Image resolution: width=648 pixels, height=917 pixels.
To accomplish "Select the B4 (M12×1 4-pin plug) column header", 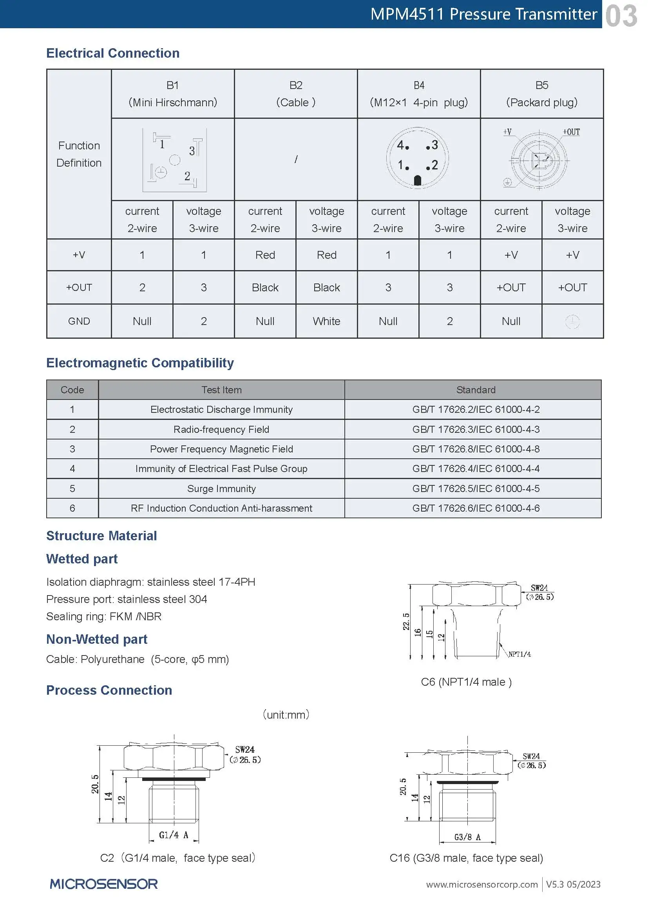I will pyautogui.click(x=418, y=94).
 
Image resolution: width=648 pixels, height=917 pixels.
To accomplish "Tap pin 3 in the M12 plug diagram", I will pyautogui.click(x=433, y=145).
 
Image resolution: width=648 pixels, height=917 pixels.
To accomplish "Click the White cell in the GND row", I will pyautogui.click(x=326, y=321).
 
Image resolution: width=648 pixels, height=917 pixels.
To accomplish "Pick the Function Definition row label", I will pyautogui.click(x=79, y=154).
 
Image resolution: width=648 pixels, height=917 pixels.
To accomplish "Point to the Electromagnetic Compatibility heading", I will pyautogui.click(x=140, y=363).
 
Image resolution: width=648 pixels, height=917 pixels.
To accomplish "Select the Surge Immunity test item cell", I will pyautogui.click(x=221, y=488).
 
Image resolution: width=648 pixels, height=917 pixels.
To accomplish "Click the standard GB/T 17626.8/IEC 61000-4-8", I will pyautogui.click(x=476, y=449).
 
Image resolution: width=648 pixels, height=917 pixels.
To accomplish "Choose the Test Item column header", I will pyautogui.click(x=221, y=390).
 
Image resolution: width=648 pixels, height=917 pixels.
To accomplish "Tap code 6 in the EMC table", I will pyautogui.click(x=72, y=508).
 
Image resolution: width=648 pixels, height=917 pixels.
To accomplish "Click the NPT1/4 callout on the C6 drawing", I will pyautogui.click(x=519, y=654).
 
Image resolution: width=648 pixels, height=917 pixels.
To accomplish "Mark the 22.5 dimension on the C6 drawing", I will pyautogui.click(x=406, y=621).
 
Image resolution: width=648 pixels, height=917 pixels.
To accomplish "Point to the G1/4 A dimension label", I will pyautogui.click(x=174, y=835).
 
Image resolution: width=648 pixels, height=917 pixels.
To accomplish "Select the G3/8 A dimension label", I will pyautogui.click(x=467, y=837).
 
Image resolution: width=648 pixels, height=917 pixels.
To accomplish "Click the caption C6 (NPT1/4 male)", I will pyautogui.click(x=466, y=682).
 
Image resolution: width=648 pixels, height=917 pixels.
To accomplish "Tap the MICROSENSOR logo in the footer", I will pyautogui.click(x=104, y=884).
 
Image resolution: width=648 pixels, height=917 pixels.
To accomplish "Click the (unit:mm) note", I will pyautogui.click(x=286, y=715).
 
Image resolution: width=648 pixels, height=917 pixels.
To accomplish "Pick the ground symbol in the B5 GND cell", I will pyautogui.click(x=572, y=321).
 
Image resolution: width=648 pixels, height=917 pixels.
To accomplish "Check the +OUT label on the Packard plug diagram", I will pyautogui.click(x=571, y=132).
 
